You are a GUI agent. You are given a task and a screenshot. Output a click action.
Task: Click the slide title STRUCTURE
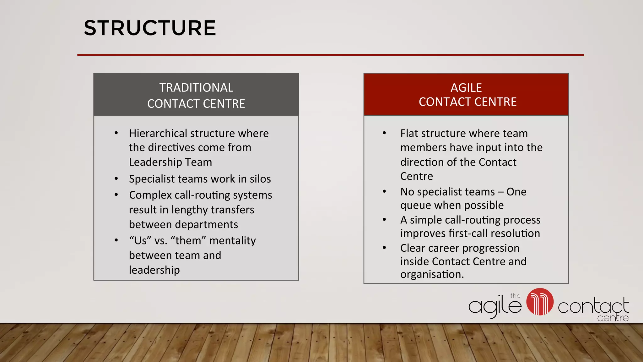coord(150,28)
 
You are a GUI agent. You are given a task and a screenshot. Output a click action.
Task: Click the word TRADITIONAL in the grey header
coord(196,88)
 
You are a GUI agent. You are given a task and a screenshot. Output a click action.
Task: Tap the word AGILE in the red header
coord(466,88)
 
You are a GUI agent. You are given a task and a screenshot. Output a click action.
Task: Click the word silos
coord(260,179)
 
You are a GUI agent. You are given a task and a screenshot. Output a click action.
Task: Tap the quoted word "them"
coord(188,240)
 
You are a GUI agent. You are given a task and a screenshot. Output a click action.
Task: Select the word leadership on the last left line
coord(154,270)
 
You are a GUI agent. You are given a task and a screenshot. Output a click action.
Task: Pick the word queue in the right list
coord(414,205)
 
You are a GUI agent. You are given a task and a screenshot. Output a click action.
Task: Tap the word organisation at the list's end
coord(432,274)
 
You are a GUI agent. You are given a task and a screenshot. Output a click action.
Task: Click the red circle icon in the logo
coord(540,302)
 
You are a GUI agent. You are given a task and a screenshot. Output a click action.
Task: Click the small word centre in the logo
coord(613,318)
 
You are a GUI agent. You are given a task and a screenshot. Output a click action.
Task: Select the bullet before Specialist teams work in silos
coord(116,179)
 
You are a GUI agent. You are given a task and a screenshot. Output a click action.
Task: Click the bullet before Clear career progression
coord(384,248)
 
